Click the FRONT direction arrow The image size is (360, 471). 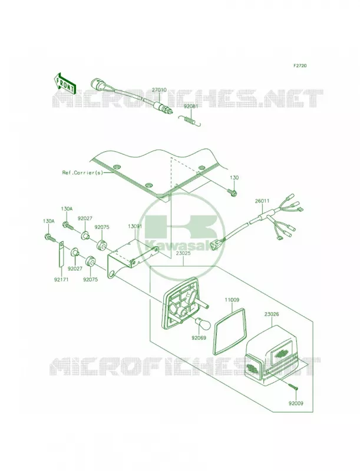coord(64,82)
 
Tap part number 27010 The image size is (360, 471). coord(159,90)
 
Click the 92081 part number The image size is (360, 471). coord(191,107)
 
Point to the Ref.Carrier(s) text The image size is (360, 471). coord(82,173)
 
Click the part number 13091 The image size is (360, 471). coord(134,227)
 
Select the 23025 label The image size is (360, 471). coord(184,254)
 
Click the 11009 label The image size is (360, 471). coord(232,300)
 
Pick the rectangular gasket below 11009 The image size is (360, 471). coord(229,331)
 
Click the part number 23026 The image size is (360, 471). coord(272,314)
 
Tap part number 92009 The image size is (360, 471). coord(296,403)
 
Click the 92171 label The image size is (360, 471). coord(61,280)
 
